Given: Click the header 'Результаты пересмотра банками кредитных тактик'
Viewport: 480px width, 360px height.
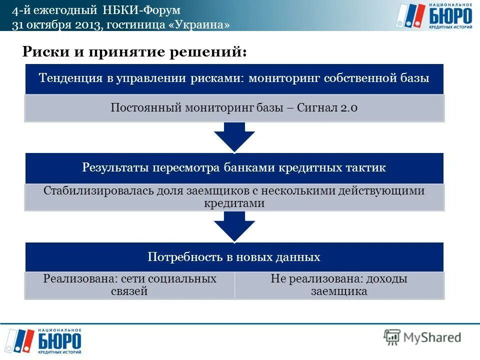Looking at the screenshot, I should coord(234,167).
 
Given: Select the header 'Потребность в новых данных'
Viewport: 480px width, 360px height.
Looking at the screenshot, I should coord(234,257).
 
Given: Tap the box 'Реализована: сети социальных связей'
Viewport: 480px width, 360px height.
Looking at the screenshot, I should coord(129,285).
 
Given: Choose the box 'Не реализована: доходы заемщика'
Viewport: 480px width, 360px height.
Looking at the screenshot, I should coord(339,285).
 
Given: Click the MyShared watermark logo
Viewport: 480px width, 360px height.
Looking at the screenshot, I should coord(422,337).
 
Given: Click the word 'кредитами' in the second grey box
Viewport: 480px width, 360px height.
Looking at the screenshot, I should coord(234,203).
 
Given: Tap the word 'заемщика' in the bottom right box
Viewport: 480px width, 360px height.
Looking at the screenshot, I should coord(339,291).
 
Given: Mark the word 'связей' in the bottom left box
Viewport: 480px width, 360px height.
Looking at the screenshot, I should coord(129,291).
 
